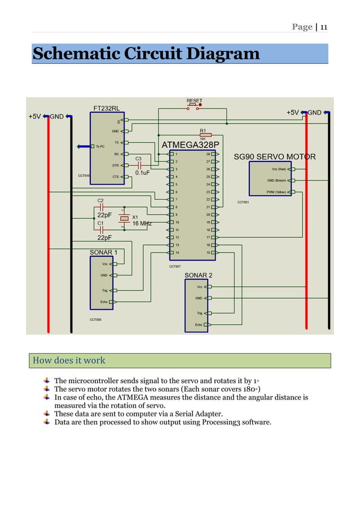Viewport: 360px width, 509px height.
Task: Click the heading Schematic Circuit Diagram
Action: point(146,54)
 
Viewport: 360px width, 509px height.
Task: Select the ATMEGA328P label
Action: point(190,144)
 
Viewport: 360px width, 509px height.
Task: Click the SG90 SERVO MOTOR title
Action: point(274,156)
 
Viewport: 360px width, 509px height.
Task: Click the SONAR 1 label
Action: point(104,252)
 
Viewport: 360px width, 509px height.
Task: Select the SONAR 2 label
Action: point(199,275)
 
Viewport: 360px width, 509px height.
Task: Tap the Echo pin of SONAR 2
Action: point(199,325)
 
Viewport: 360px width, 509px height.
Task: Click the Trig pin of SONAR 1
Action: point(104,291)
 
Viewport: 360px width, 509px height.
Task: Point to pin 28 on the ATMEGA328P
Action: point(208,153)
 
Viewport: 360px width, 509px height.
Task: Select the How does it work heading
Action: point(69,360)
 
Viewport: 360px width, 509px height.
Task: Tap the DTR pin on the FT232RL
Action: point(116,165)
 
